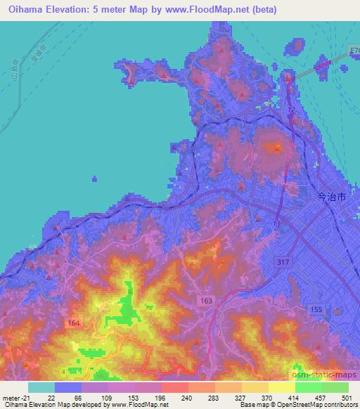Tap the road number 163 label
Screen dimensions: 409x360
206,300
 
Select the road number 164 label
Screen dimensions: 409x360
75,323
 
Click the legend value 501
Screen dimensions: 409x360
347,397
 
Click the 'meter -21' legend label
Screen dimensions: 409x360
15,397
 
